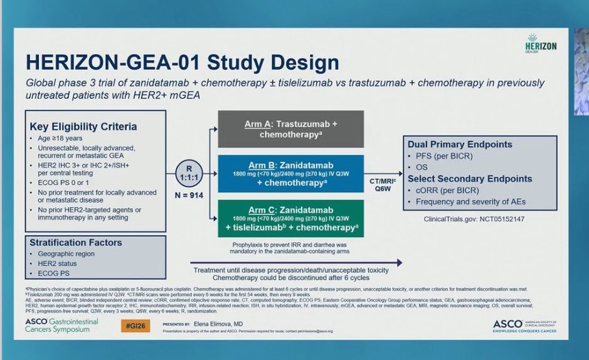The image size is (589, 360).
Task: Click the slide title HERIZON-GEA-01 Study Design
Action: (x=183, y=63)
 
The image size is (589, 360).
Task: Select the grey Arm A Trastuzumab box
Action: (x=290, y=129)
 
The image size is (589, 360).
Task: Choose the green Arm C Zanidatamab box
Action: (x=290, y=218)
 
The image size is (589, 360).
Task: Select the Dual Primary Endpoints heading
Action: (x=460, y=144)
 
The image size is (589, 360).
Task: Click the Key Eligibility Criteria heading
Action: (x=83, y=127)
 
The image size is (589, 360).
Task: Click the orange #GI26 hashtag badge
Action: (x=135, y=326)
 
